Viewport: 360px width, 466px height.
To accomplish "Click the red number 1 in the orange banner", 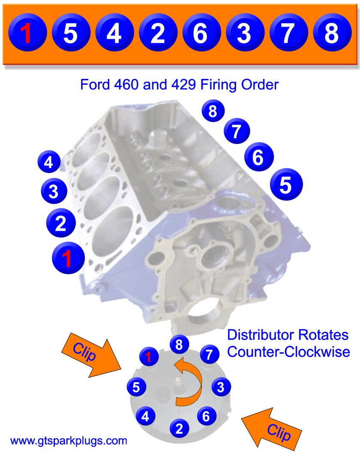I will pyautogui.click(x=27, y=33).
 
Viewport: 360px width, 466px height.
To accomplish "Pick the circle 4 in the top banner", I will pyautogui.click(x=114, y=33).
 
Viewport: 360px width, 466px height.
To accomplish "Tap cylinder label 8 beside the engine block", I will pyautogui.click(x=212, y=111).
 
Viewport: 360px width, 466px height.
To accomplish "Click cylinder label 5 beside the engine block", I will pyautogui.click(x=286, y=185).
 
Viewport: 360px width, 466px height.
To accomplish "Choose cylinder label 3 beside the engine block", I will pyautogui.click(x=53, y=191).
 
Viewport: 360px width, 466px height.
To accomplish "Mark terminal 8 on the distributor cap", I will pyautogui.click(x=180, y=344).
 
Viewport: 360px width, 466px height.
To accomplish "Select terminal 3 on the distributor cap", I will pyautogui.click(x=220, y=388).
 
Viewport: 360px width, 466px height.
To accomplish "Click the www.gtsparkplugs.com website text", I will pyautogui.click(x=69, y=440).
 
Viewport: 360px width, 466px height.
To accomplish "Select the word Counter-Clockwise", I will pyautogui.click(x=288, y=352).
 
